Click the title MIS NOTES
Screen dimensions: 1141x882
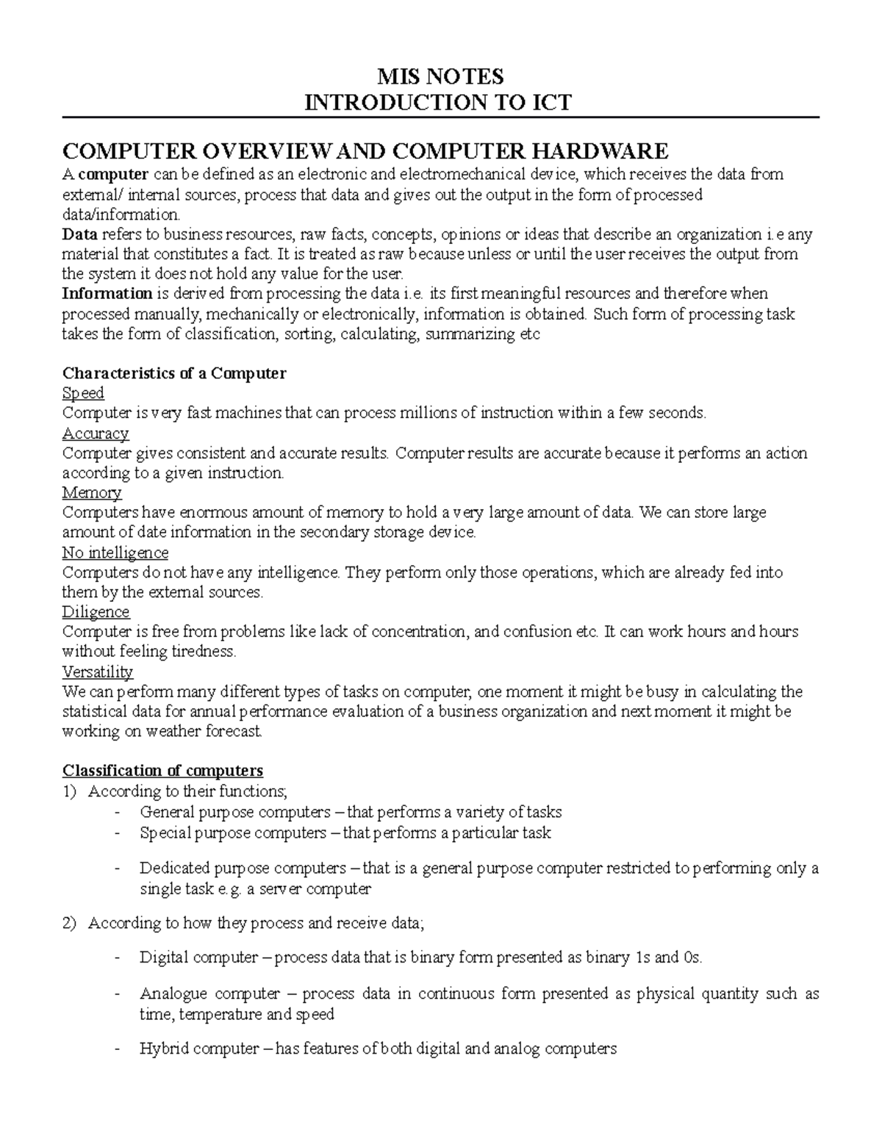pos(440,76)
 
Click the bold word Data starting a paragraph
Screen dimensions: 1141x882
pos(79,234)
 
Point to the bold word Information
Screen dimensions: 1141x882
pos(107,294)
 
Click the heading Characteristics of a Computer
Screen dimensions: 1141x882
pos(174,373)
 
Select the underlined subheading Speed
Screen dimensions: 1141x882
pos(83,393)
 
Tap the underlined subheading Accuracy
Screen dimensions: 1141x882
pos(96,433)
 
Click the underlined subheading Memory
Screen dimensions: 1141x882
pos(92,493)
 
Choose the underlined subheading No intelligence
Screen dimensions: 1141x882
pos(115,552)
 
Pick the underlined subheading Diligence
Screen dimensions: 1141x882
pos(96,612)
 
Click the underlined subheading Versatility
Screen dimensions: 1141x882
pos(98,672)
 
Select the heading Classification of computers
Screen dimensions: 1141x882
pos(162,771)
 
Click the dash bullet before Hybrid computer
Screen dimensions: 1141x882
pos(118,1049)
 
